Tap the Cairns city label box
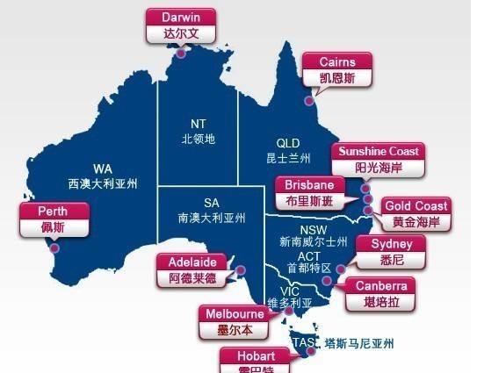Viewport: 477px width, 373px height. (x=337, y=69)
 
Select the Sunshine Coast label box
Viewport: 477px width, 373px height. (x=378, y=159)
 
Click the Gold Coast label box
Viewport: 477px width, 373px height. (x=416, y=213)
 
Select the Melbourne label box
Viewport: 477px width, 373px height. (x=235, y=321)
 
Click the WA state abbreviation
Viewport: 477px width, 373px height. (x=103, y=169)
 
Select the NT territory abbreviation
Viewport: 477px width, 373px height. (x=198, y=124)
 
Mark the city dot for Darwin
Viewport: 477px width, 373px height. (x=180, y=53)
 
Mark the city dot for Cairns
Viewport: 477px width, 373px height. (x=309, y=101)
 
